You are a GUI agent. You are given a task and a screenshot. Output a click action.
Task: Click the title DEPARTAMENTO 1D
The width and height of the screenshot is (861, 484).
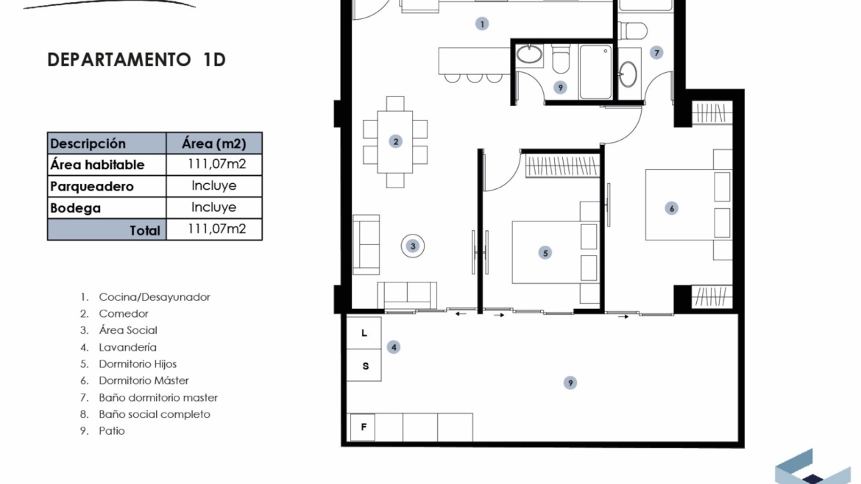[136, 60]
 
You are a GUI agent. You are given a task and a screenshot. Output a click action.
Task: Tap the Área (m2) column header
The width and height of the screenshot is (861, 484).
[214, 143]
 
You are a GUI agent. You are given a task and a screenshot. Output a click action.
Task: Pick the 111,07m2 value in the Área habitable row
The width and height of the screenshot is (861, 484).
[216, 164]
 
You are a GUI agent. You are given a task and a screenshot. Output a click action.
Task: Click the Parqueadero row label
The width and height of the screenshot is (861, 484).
[92, 187]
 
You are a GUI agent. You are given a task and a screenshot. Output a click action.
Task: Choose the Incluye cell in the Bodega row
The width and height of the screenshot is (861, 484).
[213, 207]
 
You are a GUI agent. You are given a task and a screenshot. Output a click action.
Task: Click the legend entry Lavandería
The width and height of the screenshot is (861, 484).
[127, 347]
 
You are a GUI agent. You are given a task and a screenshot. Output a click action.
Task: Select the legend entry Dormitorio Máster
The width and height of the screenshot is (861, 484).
[143, 380]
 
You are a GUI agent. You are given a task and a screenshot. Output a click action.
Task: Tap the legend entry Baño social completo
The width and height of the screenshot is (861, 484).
[155, 414]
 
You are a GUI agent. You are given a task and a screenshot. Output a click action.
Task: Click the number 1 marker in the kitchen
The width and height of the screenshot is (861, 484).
[482, 24]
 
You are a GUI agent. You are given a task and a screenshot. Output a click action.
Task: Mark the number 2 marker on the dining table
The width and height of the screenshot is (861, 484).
[395, 141]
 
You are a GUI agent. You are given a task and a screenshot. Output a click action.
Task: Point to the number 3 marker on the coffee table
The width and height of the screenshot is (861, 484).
[413, 246]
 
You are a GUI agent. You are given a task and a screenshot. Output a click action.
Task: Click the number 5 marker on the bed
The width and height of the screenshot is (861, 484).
[545, 253]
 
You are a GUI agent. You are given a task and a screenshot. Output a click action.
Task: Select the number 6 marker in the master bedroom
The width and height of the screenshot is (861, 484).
[671, 208]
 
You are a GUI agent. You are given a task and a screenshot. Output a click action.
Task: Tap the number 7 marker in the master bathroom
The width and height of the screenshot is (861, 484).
[656, 53]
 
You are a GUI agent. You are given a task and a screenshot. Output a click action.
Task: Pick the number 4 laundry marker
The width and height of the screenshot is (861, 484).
[394, 346]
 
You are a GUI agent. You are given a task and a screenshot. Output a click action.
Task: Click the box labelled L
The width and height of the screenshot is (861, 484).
[364, 333]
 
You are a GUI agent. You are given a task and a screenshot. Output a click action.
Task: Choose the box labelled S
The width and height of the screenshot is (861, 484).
[364, 366]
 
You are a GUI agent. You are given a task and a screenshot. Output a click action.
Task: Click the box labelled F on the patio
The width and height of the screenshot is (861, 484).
[363, 427]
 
